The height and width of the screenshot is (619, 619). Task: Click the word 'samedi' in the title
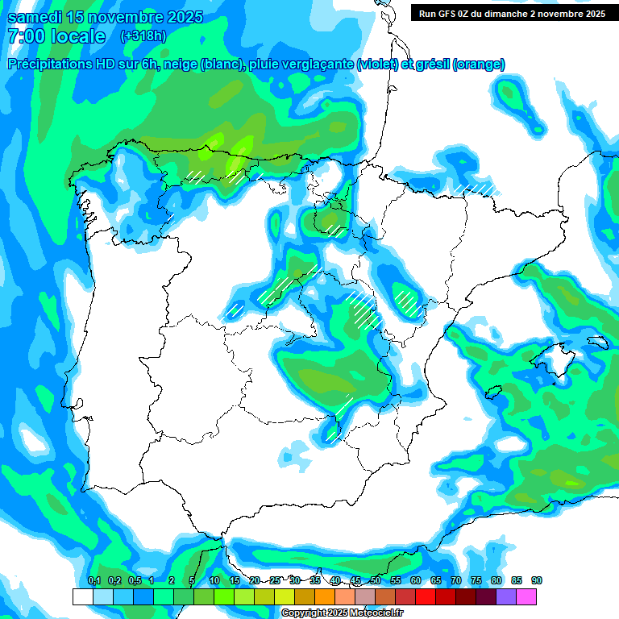point(31,17)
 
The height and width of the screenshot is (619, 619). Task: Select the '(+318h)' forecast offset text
point(143,36)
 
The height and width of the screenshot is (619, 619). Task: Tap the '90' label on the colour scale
point(537,581)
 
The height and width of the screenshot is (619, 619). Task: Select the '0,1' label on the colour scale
point(94,581)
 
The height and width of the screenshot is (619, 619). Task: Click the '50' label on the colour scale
point(376,581)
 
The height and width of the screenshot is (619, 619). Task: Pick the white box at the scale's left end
point(82,596)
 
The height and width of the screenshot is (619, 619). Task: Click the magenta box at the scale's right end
point(526,596)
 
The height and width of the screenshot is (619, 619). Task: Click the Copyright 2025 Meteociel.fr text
point(342,613)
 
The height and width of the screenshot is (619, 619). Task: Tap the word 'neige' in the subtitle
point(187,64)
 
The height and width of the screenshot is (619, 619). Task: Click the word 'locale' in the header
point(77,36)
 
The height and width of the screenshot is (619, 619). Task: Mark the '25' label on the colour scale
point(275,581)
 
